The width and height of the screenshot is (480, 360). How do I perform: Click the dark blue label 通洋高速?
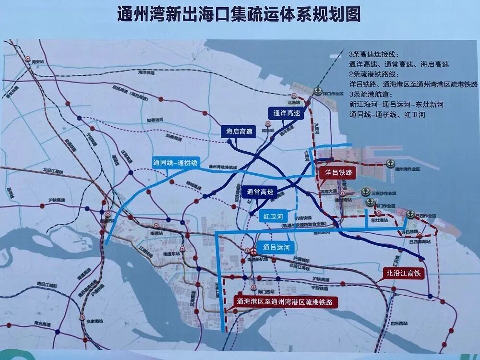(286, 113)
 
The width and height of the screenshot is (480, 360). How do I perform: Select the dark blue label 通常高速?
(260, 192)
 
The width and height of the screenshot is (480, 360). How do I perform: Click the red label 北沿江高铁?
(403, 274)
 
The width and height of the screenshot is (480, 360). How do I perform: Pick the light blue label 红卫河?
(273, 216)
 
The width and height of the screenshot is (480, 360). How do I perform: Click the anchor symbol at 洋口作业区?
(318, 91)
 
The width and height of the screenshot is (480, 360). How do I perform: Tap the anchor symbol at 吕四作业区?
(410, 214)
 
